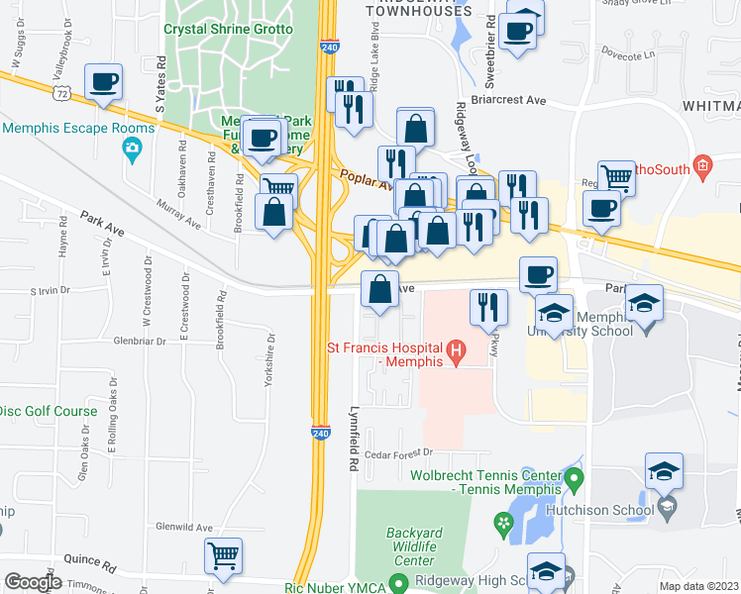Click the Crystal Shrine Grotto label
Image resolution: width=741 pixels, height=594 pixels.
(229, 29)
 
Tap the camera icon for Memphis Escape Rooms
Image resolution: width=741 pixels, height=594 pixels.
(131, 148)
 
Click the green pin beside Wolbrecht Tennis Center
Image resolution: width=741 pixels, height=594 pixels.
(573, 482)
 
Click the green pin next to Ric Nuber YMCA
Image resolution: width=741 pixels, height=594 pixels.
(398, 584)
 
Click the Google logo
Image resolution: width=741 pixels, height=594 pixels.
(33, 582)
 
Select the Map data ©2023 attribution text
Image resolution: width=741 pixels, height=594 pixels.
(698, 586)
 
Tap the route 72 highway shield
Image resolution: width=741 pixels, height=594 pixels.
(62, 92)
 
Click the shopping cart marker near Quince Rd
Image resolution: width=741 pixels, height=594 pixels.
(224, 557)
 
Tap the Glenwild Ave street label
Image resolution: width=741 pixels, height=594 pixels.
(183, 528)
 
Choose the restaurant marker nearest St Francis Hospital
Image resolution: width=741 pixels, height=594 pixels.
(488, 308)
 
